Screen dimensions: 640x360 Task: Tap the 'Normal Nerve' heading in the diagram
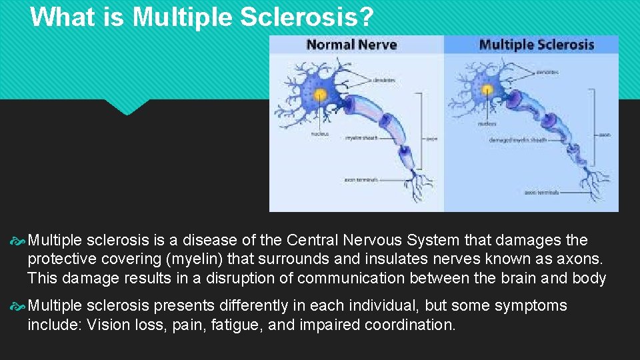pyautogui.click(x=351, y=45)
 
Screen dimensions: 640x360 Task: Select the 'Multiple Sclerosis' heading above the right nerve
pyautogui.click(x=536, y=45)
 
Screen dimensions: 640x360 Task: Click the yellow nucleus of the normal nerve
pyautogui.click(x=320, y=94)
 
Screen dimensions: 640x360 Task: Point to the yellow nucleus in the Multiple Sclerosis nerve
pyautogui.click(x=487, y=89)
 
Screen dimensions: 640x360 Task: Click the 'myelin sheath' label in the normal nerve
pyautogui.click(x=361, y=138)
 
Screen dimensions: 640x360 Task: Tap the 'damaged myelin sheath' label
pyautogui.click(x=518, y=140)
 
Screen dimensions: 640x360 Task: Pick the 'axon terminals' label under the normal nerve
pyautogui.click(x=361, y=179)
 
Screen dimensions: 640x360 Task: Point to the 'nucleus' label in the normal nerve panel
pyautogui.click(x=319, y=133)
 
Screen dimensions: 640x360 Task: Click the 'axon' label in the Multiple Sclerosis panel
pyautogui.click(x=604, y=135)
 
